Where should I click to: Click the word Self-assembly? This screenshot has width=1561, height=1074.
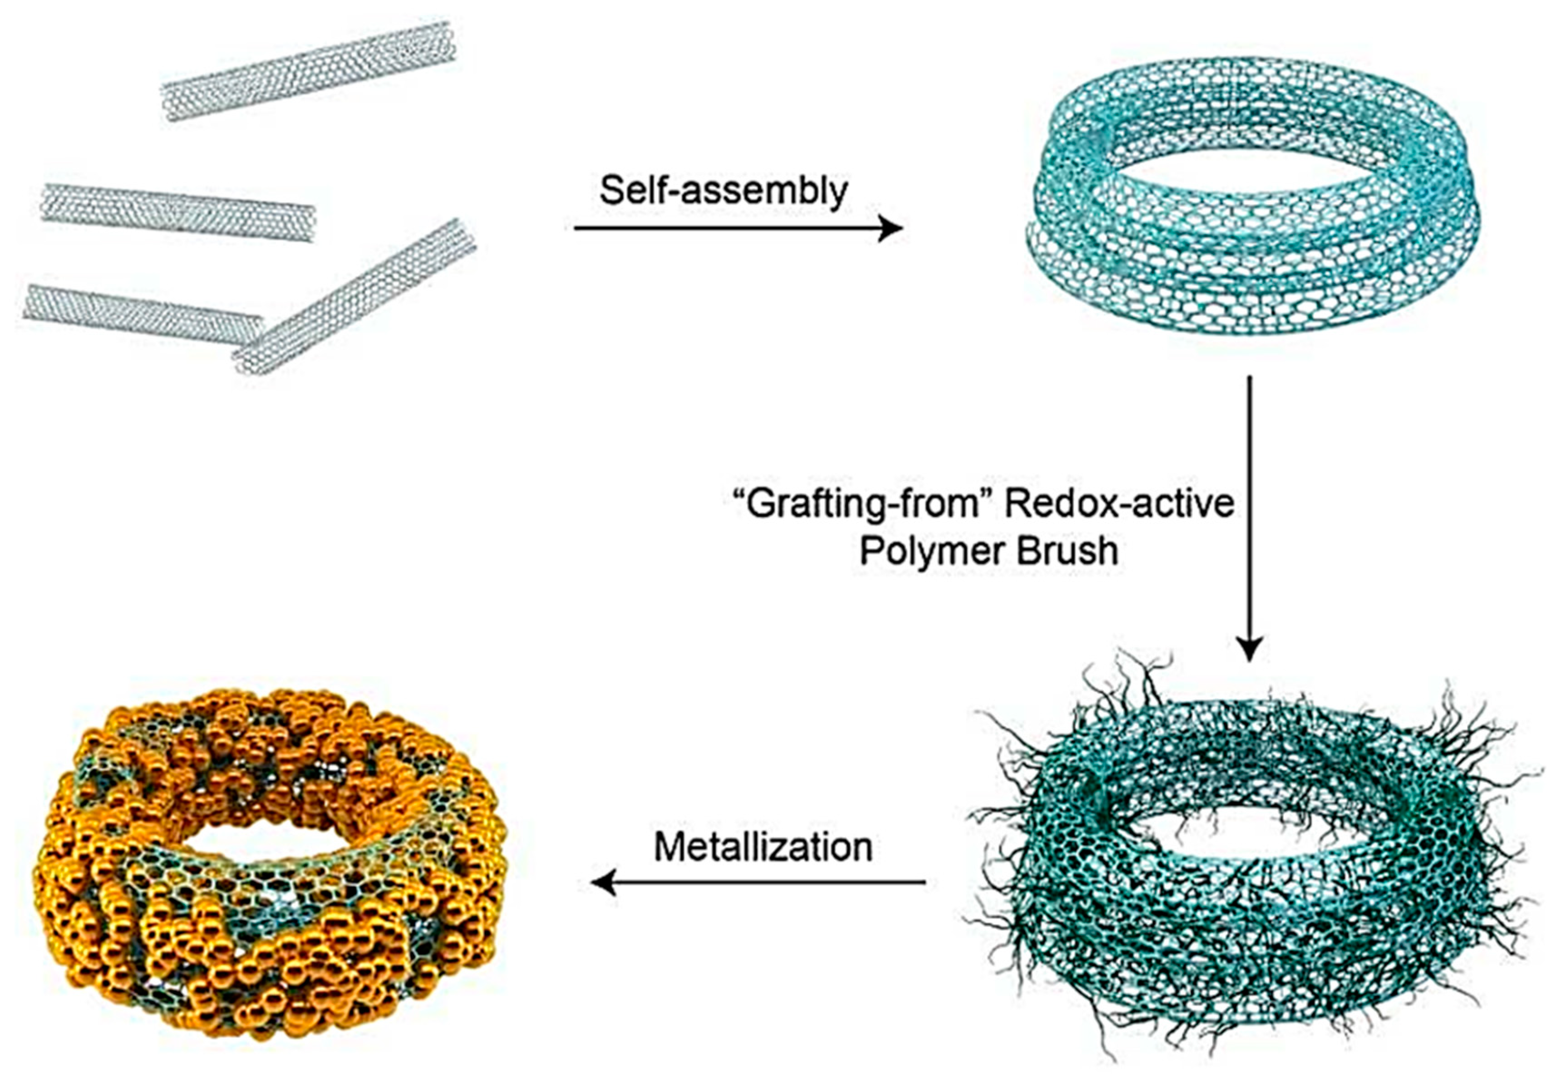pyautogui.click(x=724, y=191)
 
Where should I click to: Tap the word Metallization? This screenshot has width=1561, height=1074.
pyautogui.click(x=763, y=847)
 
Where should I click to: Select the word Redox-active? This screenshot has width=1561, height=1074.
pyautogui.click(x=1120, y=504)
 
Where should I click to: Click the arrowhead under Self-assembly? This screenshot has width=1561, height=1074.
pyautogui.click(x=891, y=229)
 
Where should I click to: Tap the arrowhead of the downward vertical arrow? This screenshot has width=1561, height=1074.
pyautogui.click(x=1250, y=650)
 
